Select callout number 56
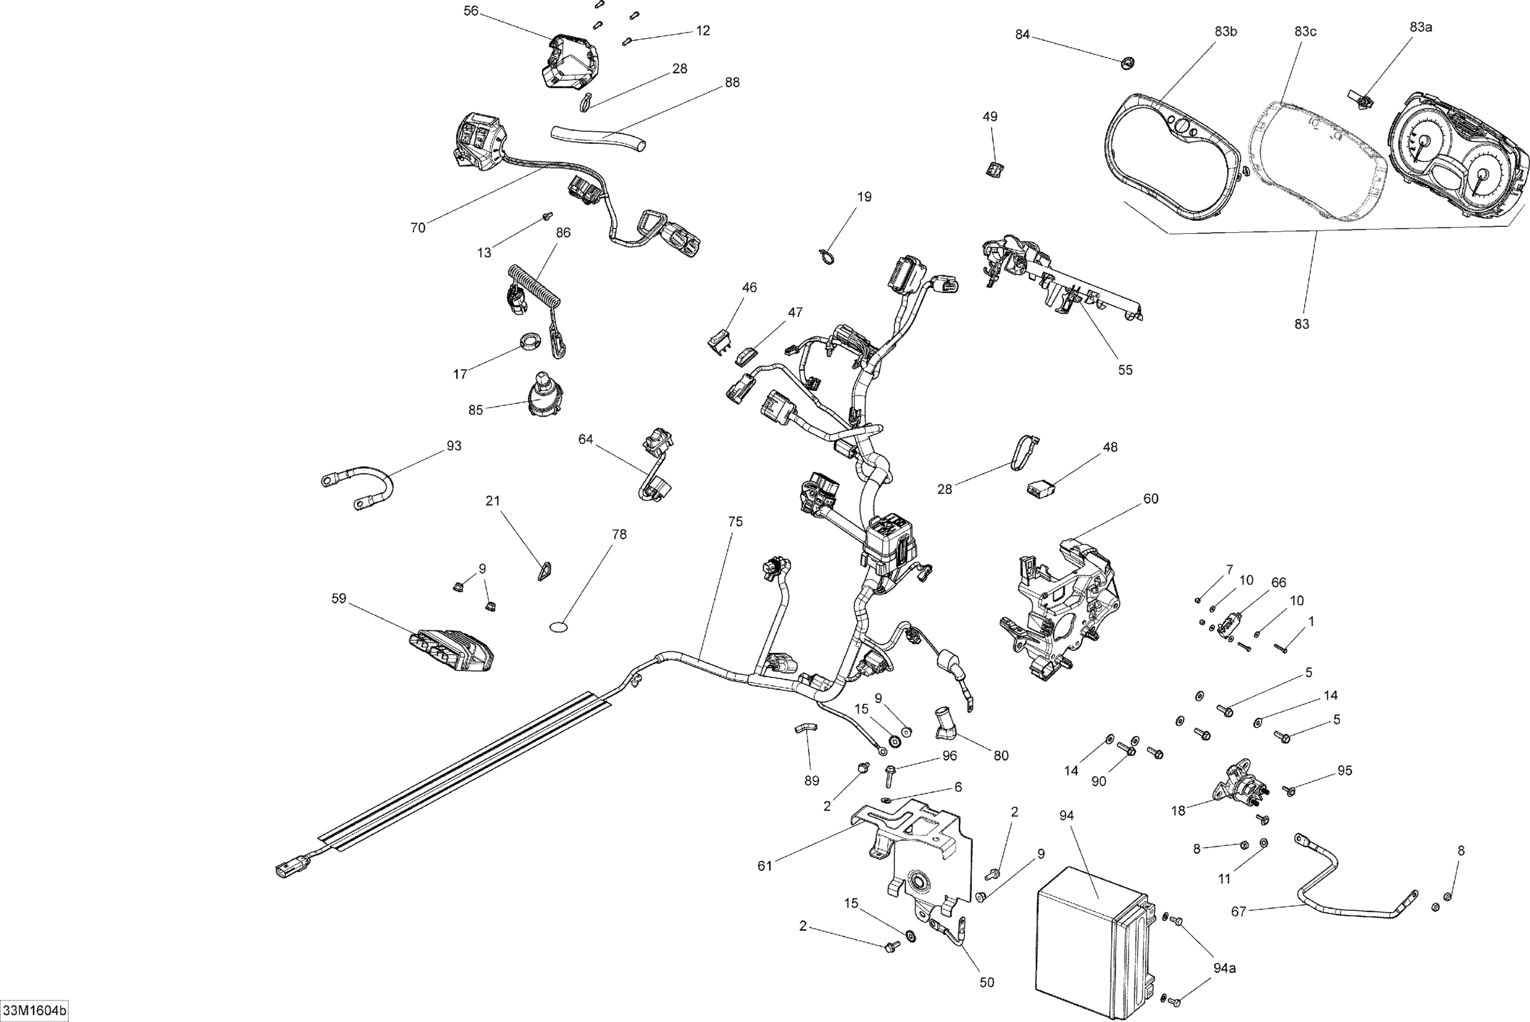tap(470, 11)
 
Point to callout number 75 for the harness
tap(735, 521)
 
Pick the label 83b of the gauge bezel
tap(1225, 31)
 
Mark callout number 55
tap(1125, 369)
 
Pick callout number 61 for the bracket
tap(764, 865)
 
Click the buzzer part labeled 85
tap(545, 394)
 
